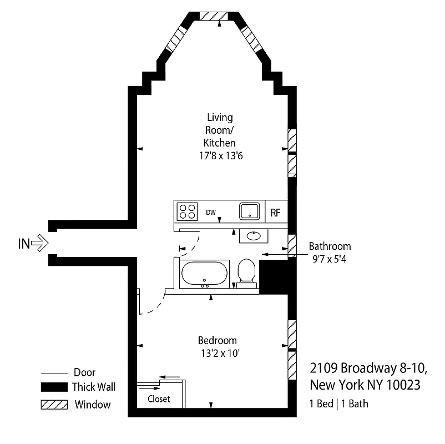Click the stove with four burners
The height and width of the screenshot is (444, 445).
pos(187,211)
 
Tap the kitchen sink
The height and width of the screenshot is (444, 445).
pos(250,211)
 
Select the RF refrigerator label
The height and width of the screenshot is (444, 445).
pos(276,212)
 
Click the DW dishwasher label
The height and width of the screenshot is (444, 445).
pos(211,212)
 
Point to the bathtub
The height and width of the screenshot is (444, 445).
pos(204,275)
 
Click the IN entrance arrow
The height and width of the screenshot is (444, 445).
pos(41,243)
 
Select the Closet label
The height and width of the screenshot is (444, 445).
pos(159,399)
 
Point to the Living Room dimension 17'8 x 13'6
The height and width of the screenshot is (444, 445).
pos(221,156)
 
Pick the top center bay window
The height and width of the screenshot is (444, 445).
pos(216,16)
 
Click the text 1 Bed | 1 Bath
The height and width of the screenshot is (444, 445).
pos(338,403)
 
